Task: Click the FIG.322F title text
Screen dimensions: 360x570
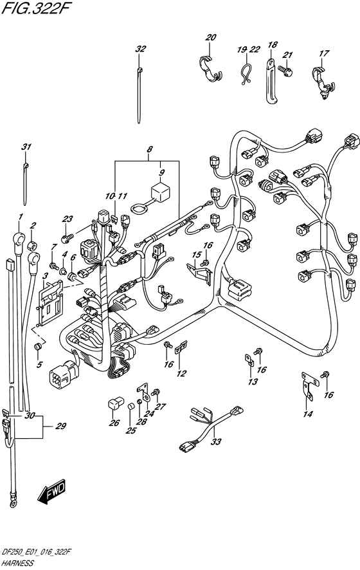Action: click(35, 8)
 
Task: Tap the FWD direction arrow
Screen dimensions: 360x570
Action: click(52, 492)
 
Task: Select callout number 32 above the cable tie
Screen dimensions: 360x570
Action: click(141, 49)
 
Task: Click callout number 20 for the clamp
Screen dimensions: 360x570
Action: click(211, 37)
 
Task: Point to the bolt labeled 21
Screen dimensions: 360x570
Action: click(285, 69)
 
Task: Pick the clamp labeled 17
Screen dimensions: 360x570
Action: click(322, 82)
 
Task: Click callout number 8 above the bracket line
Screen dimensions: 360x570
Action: click(150, 149)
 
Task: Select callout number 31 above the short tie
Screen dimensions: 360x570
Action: click(26, 147)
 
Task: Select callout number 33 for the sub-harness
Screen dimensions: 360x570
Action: click(216, 442)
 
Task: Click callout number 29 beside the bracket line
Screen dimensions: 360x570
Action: click(60, 426)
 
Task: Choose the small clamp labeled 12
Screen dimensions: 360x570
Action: click(181, 347)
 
